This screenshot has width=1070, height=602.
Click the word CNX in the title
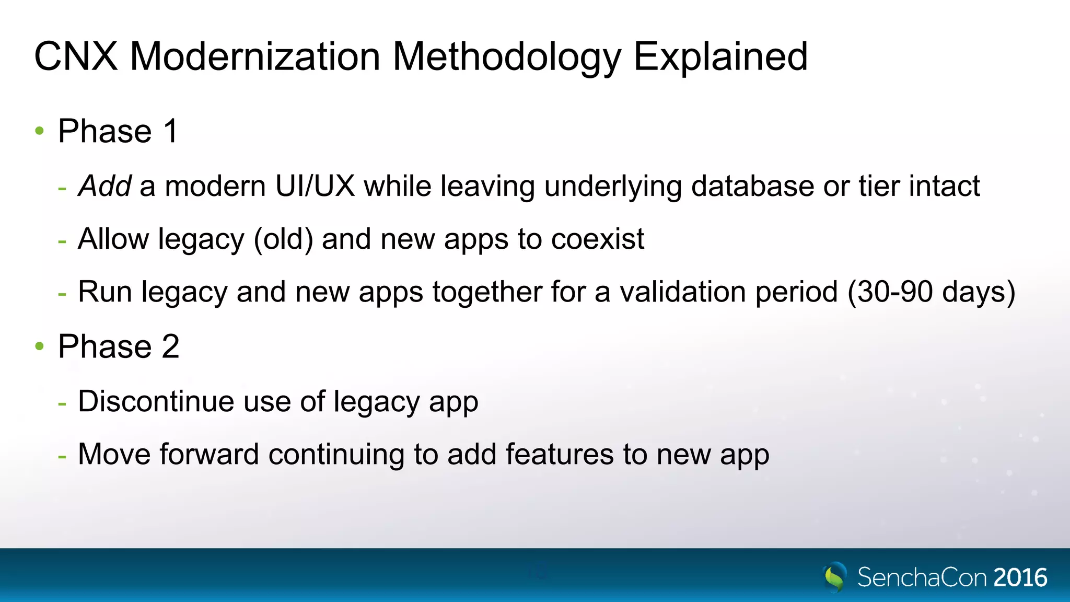(76, 56)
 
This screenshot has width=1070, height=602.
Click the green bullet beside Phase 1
(40, 131)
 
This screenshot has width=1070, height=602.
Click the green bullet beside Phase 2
(40, 346)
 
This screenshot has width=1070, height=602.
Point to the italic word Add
(104, 186)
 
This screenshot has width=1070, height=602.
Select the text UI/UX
(315, 186)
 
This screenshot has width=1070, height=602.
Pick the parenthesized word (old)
(284, 239)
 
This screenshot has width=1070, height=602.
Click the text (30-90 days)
(931, 292)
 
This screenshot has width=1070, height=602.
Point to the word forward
(209, 454)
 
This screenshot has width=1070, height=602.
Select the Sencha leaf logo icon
(835, 577)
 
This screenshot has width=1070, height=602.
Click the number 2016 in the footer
(1020, 577)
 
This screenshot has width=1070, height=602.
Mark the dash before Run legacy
(62, 294)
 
